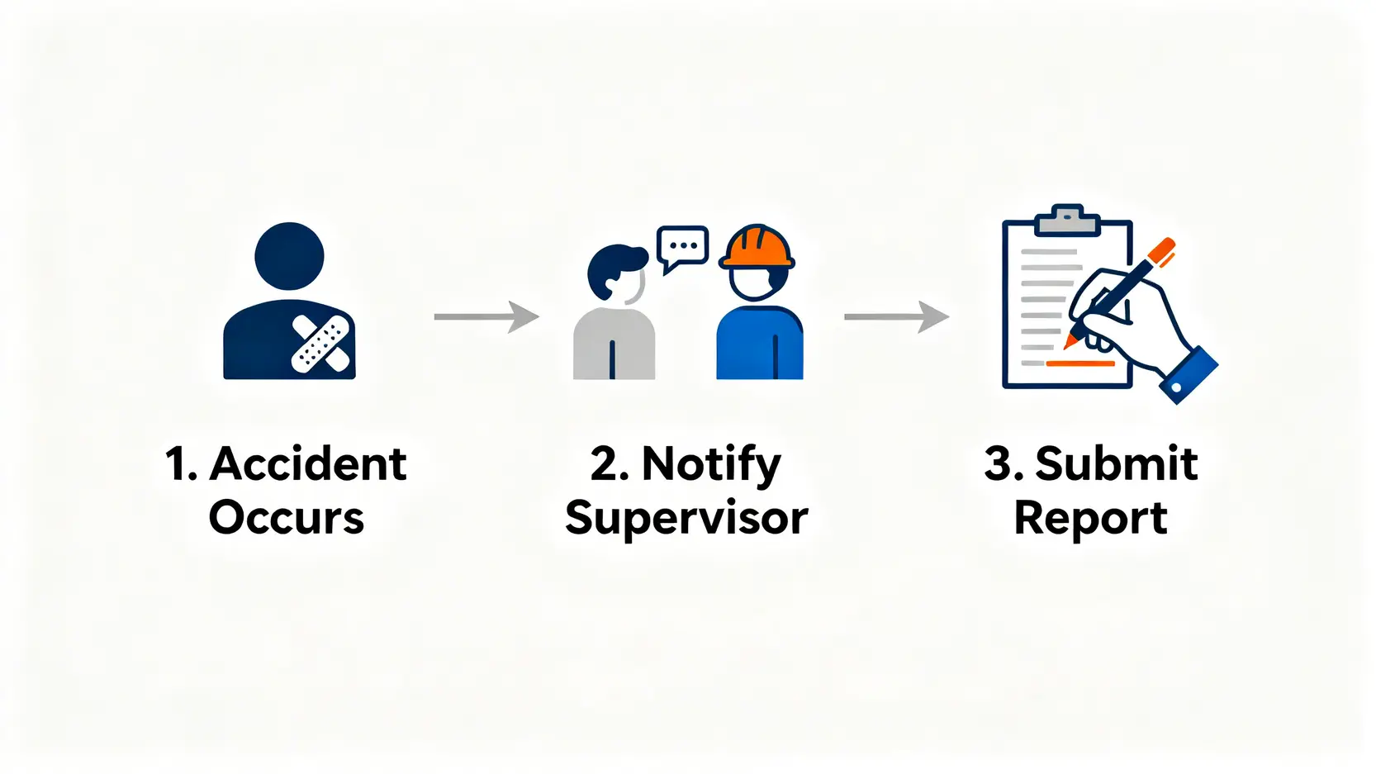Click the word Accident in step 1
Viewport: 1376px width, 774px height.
click(x=308, y=464)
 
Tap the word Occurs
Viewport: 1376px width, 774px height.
click(x=287, y=519)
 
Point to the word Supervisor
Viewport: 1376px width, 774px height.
click(x=686, y=519)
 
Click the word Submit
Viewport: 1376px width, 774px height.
click(x=1116, y=464)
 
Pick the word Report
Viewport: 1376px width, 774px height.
click(x=1090, y=519)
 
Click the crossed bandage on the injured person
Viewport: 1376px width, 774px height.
click(x=320, y=343)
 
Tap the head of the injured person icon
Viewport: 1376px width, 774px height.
click(x=289, y=256)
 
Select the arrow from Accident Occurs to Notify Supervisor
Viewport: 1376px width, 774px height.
click(x=486, y=316)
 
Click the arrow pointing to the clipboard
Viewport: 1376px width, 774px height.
click(x=896, y=316)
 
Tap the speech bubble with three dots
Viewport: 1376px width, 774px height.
click(x=682, y=246)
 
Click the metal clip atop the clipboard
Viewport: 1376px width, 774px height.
click(x=1067, y=220)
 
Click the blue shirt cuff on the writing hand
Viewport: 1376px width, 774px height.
click(x=1189, y=376)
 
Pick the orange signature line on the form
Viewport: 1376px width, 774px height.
click(x=1080, y=363)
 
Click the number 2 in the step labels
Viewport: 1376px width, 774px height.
click(x=605, y=464)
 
